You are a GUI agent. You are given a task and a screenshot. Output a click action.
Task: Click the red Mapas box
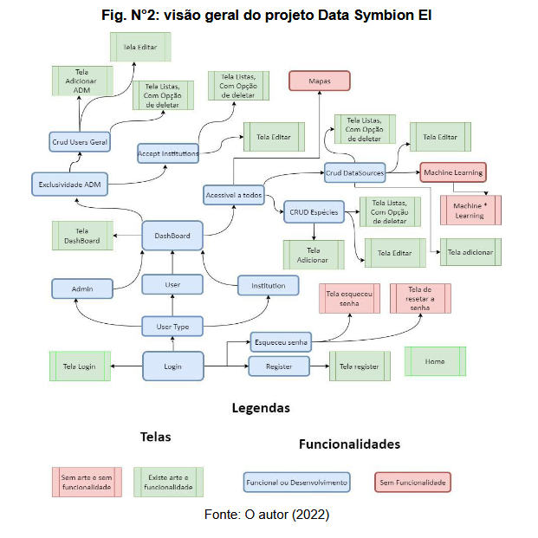(319, 81)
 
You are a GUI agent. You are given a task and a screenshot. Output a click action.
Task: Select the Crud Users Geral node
(79, 142)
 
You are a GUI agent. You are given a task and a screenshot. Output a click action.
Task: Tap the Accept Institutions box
(168, 153)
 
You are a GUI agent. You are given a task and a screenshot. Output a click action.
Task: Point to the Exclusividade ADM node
(68, 184)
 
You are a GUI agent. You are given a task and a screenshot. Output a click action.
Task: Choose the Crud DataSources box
(354, 173)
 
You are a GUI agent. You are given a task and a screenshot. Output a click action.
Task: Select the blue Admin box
(83, 288)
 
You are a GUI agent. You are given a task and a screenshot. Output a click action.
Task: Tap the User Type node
(172, 326)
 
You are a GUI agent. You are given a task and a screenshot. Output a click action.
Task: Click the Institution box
(269, 285)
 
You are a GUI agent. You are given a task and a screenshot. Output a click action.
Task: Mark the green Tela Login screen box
(79, 366)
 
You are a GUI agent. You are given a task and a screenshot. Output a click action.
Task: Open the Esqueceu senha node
(280, 340)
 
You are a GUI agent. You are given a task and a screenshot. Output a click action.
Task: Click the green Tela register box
(359, 366)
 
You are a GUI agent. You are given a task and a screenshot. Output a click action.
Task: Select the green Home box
(435, 361)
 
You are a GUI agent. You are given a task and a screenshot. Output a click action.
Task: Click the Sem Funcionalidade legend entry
(413, 482)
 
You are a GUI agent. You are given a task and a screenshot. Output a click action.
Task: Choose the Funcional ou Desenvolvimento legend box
(296, 482)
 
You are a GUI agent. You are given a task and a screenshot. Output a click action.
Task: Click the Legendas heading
(261, 407)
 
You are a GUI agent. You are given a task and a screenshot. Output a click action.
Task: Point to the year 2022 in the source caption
(310, 515)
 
